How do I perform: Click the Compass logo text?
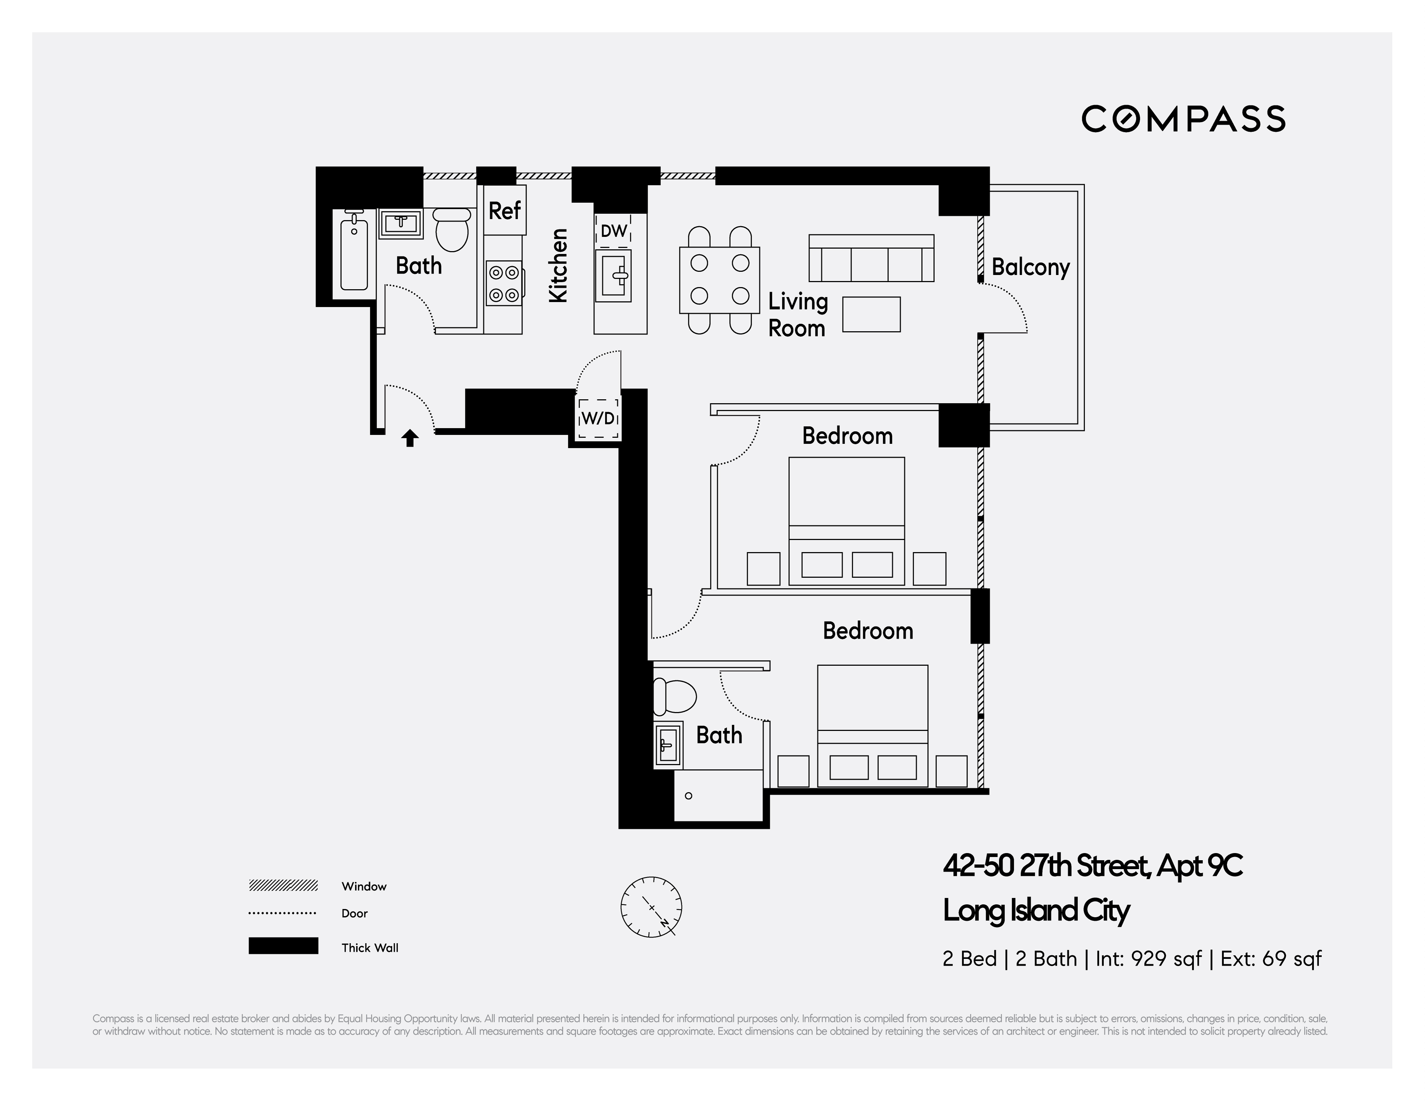point(1183,119)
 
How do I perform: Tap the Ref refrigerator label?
point(504,211)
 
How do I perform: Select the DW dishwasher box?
point(613,231)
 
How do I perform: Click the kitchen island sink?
point(614,277)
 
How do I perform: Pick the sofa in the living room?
point(871,259)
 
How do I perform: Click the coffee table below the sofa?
point(871,315)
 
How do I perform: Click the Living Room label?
point(797,315)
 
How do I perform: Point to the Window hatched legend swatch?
point(283,886)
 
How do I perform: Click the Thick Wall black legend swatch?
point(283,946)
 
